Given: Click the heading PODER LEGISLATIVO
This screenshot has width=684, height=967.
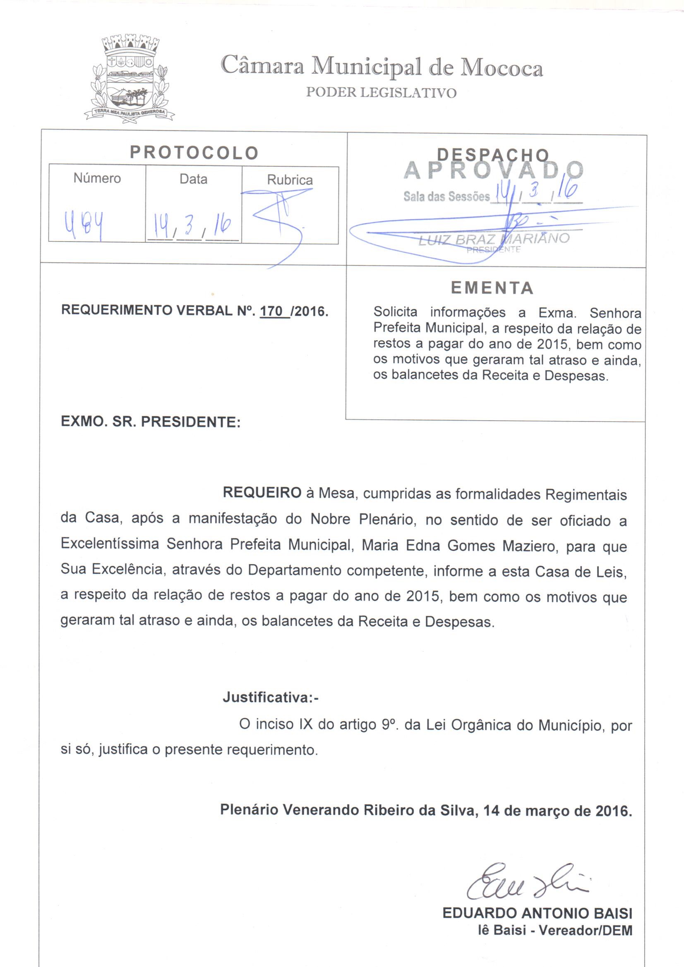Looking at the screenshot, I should (381, 93).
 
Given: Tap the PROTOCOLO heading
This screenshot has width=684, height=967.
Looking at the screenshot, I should (194, 153).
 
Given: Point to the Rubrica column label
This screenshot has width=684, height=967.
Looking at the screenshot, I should (290, 180).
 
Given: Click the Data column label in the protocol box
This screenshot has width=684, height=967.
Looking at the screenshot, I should (193, 180).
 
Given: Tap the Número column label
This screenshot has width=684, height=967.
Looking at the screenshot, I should (97, 179).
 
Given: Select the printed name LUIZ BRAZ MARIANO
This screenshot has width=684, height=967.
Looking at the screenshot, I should (493, 239).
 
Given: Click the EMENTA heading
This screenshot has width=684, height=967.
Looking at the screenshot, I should (492, 288).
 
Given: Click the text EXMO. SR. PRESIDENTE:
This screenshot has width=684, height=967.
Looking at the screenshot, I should (151, 422).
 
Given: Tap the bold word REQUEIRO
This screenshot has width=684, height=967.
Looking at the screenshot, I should (262, 493).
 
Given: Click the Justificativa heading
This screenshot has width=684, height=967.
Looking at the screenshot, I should (270, 697).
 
